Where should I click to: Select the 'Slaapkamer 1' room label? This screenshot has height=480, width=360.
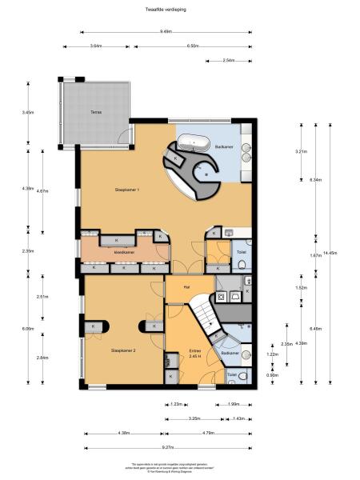(128, 190)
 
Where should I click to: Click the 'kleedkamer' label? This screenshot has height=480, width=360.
(125, 251)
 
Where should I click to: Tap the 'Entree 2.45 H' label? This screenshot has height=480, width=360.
(195, 354)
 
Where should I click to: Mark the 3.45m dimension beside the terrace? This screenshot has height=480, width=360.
(28, 113)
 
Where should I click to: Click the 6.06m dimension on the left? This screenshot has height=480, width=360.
(28, 329)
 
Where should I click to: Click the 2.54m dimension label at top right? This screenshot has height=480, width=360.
(228, 60)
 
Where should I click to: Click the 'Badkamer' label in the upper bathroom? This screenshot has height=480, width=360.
(225, 146)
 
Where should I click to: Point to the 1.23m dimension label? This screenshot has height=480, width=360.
(176, 404)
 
